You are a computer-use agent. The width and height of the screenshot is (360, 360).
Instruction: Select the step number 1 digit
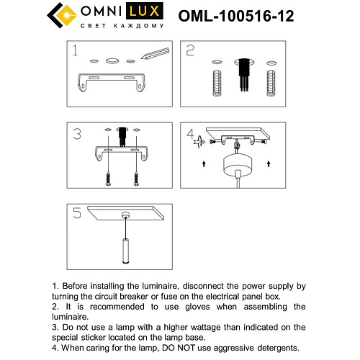(x=74, y=51)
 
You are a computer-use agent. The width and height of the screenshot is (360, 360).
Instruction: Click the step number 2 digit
(x=191, y=50)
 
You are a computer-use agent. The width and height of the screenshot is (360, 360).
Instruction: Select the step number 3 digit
(x=76, y=134)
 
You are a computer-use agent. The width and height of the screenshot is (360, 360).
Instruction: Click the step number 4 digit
(x=191, y=134)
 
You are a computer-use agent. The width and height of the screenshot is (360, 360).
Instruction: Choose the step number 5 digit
(x=76, y=213)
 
